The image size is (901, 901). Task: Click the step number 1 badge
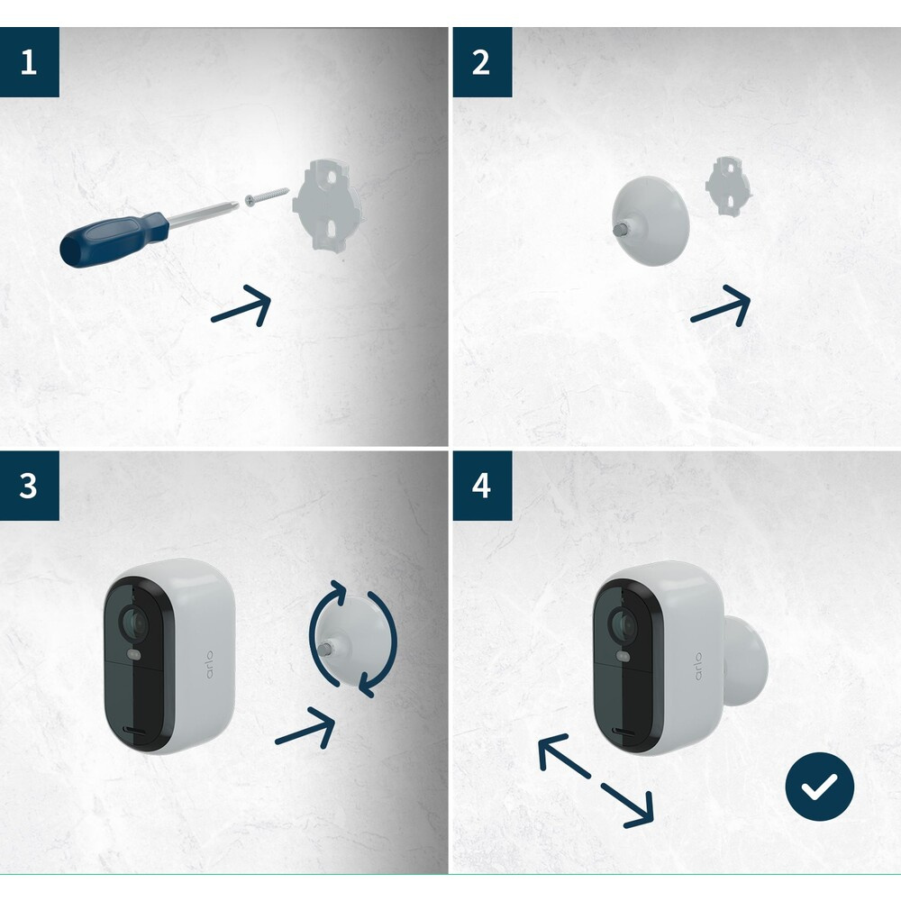[30, 61]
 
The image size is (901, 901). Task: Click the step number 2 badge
[482, 61]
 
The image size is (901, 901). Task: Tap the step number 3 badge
[30, 485]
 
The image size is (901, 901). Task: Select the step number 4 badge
[482, 485]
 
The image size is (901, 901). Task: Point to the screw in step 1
[268, 195]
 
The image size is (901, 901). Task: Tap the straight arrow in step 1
[241, 305]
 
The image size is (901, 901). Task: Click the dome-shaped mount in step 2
[651, 222]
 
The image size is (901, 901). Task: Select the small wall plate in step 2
[729, 187]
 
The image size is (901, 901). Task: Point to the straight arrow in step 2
[721, 305]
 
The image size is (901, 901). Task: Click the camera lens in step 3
[134, 623]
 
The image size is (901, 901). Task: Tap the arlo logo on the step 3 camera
[209, 664]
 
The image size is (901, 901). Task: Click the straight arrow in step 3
[305, 728]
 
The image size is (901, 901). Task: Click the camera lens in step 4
[623, 624]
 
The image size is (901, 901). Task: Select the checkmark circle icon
[819, 787]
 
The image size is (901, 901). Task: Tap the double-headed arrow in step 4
[596, 781]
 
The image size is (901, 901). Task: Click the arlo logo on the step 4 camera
[698, 666]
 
